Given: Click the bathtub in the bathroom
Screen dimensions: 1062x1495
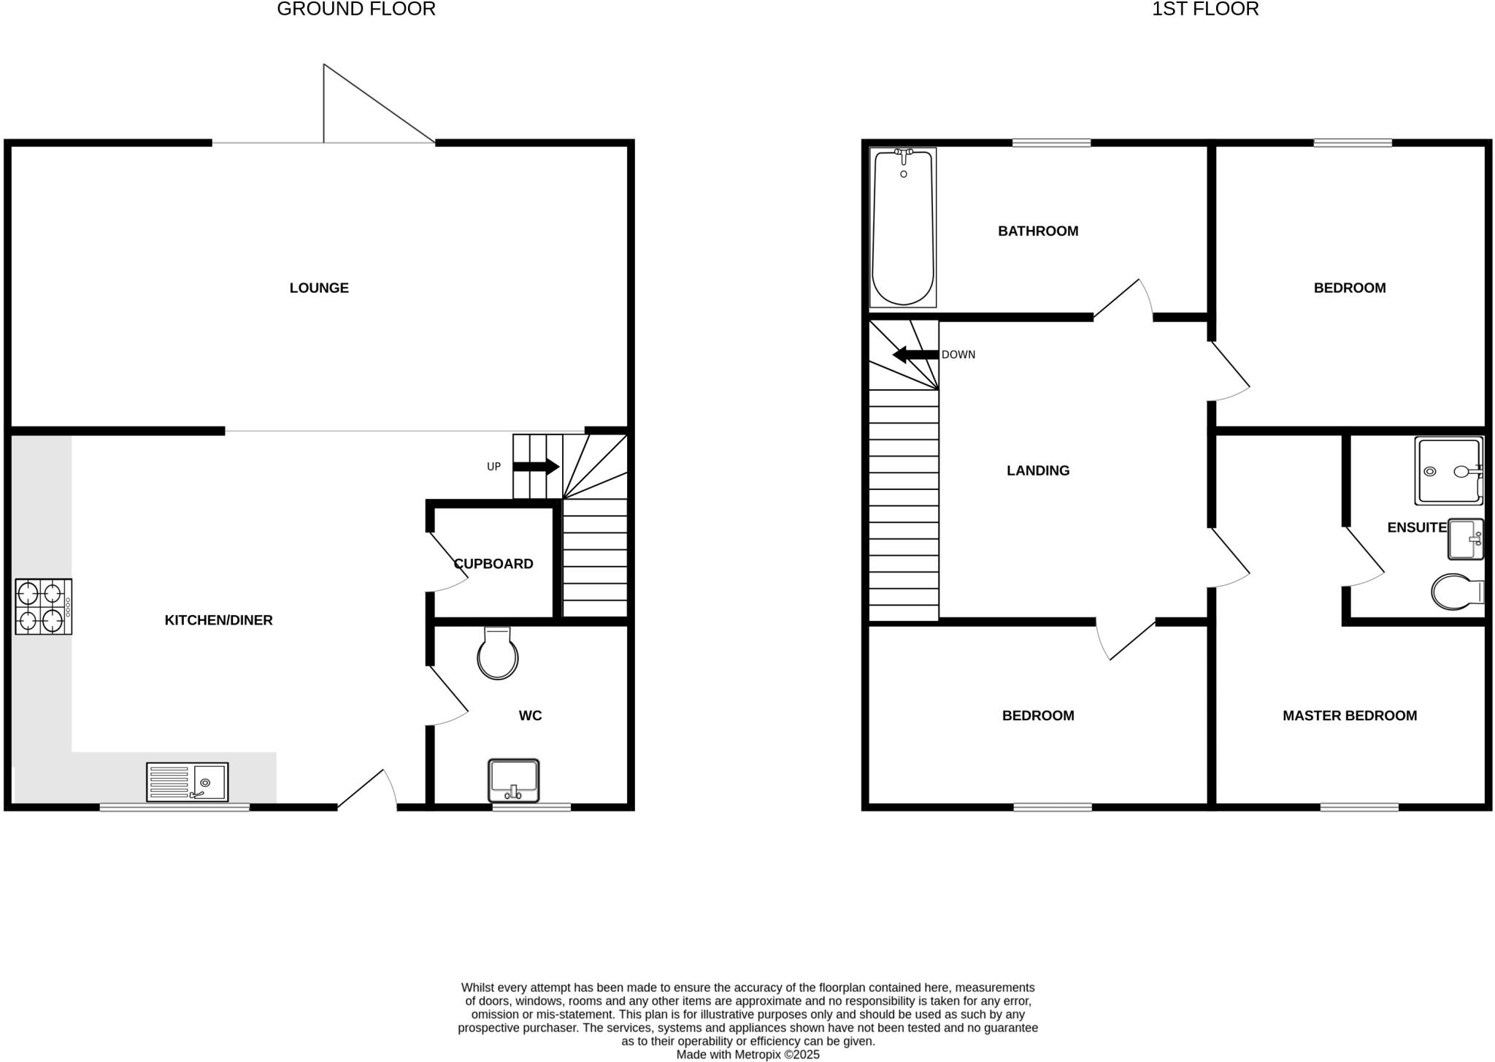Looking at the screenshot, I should point(903,228).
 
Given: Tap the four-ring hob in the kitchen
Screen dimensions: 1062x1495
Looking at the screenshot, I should point(43,606).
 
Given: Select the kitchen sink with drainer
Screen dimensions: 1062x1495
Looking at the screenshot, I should point(187,782).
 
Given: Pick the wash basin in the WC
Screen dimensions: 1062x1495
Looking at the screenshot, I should point(514,780).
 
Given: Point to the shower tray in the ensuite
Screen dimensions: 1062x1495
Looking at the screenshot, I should point(1448,471).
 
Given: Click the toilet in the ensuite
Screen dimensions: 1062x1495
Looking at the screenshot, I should point(1456,592).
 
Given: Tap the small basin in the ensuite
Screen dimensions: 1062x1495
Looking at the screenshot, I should point(1465,539).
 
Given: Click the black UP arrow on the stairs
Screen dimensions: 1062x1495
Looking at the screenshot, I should point(537,467).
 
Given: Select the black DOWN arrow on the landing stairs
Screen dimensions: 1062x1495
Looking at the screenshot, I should point(915,355).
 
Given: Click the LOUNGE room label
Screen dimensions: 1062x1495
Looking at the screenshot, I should point(319,288).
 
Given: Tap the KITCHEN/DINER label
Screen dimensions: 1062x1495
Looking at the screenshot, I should point(218,620).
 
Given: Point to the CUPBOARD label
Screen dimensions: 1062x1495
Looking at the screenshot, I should point(493,564).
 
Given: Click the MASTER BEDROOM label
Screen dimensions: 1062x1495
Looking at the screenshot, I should point(1349,716).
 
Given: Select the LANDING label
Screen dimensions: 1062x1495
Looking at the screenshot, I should point(1037,470).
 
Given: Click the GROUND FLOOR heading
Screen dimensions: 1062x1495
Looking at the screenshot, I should point(356,9).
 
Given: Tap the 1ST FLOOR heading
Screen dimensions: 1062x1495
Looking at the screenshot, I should point(1205,9).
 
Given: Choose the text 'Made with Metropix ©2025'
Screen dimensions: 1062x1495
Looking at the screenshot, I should point(747,1055).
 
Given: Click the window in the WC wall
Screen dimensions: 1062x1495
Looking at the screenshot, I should point(531,807).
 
